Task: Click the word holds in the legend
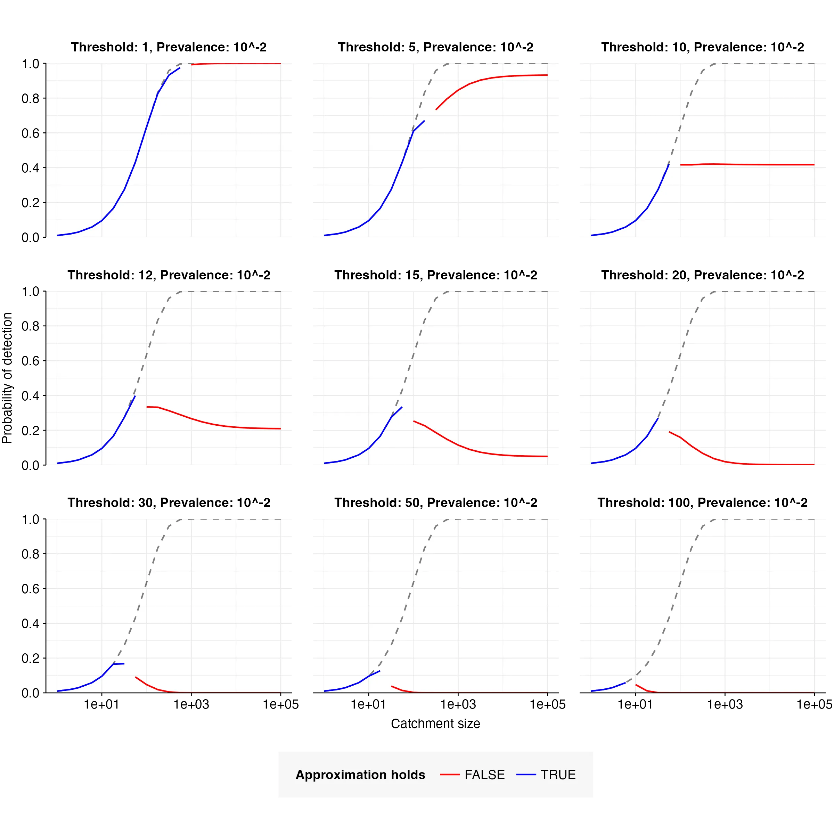pos(408,775)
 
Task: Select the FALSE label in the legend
pos(484,775)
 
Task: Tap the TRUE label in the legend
pos(558,775)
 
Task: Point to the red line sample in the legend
pos(449,775)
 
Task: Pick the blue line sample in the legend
pos(526,775)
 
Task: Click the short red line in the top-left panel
pos(235,64)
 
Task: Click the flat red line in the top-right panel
pos(747,164)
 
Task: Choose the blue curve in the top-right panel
pos(647,208)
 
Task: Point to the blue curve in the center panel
pos(380,436)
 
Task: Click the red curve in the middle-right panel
pos(703,453)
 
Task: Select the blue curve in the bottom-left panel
pos(102,676)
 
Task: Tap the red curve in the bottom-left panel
pos(147,685)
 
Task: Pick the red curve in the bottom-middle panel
pos(402,690)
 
